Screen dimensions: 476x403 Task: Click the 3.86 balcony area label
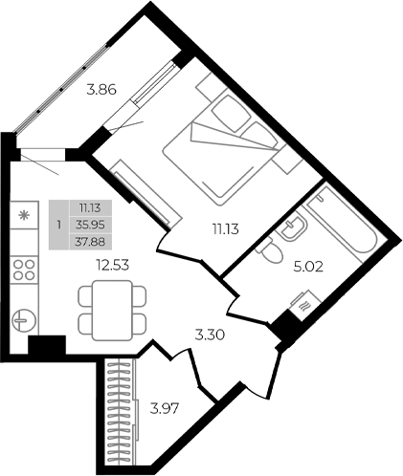(x=101, y=93)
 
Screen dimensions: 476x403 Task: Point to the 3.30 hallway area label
(x=209, y=335)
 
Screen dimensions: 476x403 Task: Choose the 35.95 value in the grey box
(x=92, y=225)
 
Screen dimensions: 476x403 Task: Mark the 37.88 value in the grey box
(x=92, y=240)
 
